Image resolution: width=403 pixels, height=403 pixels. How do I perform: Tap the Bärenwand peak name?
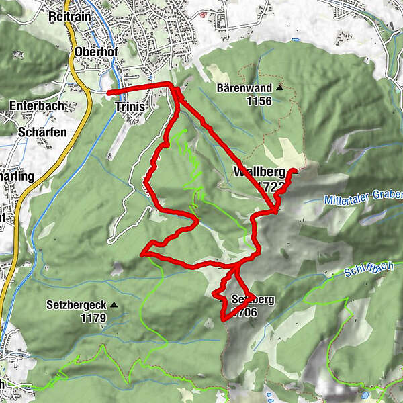pyautogui.click(x=244, y=88)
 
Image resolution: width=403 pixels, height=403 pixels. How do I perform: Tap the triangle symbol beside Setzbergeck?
pyautogui.click(x=114, y=305)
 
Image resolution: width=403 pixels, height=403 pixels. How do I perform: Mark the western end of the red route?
pyautogui.click(x=109, y=91)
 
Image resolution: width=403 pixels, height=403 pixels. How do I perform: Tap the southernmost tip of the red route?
pyautogui.click(x=224, y=320)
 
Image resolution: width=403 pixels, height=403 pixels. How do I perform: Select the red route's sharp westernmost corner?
pyautogui.click(x=141, y=254)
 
